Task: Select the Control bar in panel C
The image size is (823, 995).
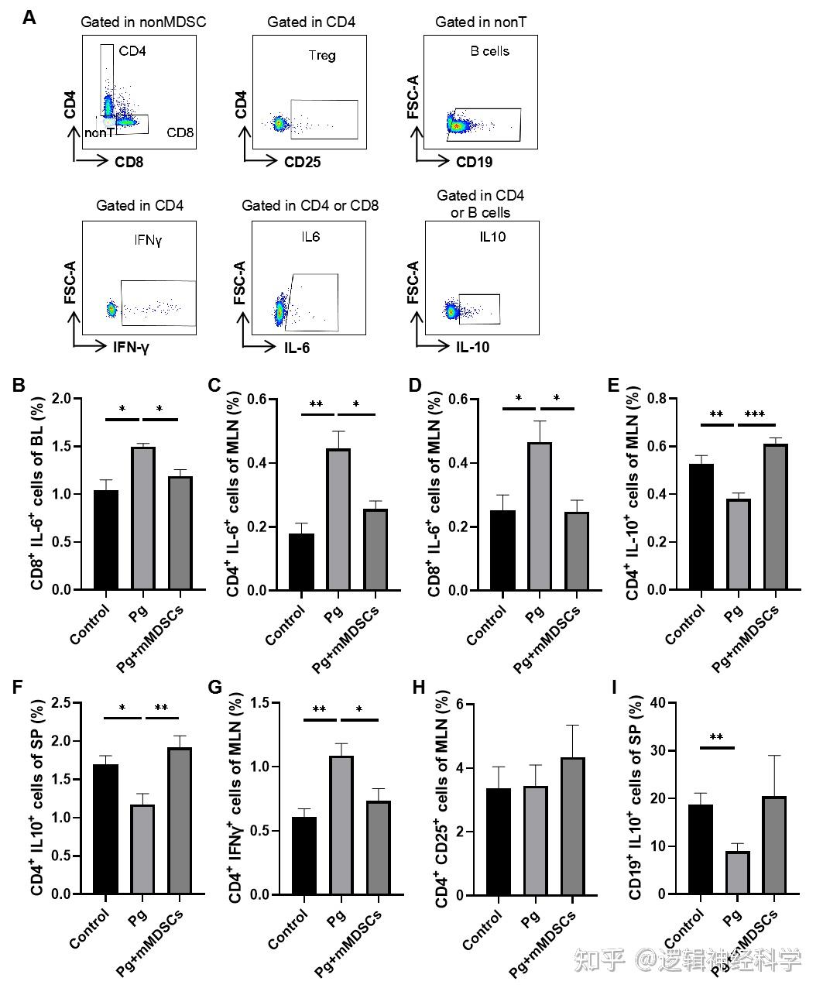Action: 301,561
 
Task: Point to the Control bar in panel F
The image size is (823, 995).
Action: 105,829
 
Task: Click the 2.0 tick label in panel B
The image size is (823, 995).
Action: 67,399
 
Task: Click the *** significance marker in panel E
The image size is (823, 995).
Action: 755,415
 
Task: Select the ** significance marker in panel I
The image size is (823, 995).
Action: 717,738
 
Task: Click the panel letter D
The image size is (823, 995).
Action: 436,385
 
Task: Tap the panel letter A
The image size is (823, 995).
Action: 29,16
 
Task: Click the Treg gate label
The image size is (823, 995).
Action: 322,55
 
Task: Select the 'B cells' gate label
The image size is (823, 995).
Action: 490,51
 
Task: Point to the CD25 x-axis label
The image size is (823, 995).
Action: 302,163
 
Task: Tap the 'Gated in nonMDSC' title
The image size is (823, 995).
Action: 143,22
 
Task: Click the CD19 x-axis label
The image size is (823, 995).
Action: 474,163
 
